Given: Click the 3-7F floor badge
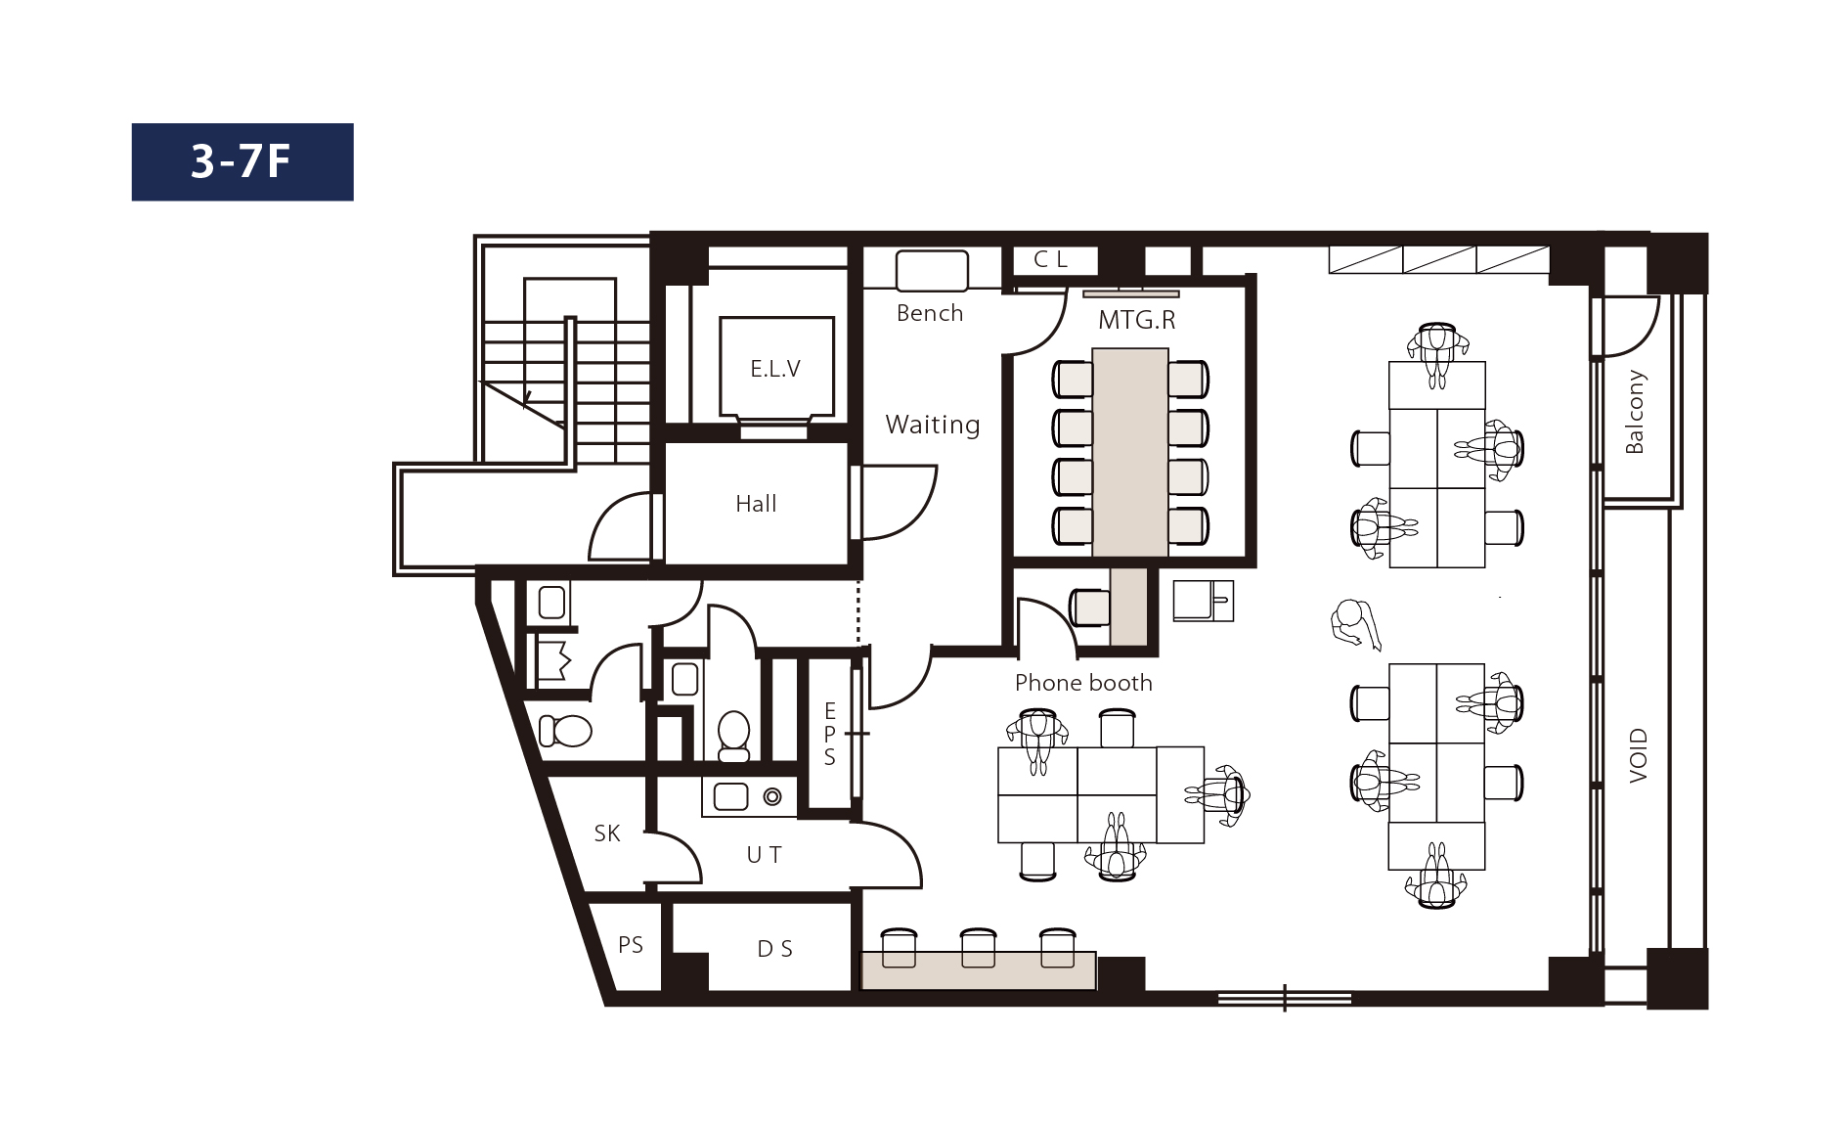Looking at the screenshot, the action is point(242,161).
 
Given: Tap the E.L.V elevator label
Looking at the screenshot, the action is point(775,369).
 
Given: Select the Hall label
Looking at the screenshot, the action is point(756,504).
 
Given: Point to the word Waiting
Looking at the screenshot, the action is point(933,425).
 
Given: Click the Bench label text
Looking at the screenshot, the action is point(930,313).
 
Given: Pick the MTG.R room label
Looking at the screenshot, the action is point(1136,320).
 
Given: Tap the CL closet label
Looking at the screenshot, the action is point(1051,259).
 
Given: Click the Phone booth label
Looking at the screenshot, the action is point(1083,683).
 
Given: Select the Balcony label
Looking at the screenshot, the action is point(1634,412).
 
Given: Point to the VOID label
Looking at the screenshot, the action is point(1639,755).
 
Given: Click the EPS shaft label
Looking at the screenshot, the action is point(829,734).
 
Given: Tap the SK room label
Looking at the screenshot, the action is point(607,833).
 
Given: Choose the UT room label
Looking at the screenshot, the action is point(764,855).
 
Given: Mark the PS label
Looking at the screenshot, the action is point(631,945).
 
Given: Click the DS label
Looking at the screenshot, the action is point(775,949).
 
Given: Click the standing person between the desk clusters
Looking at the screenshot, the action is point(1354,623).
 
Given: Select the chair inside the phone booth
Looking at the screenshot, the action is point(1089,607).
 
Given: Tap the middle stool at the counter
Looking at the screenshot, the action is point(978,947).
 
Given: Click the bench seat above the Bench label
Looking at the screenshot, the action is point(932,271).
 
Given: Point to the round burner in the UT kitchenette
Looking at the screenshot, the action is point(772,797).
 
